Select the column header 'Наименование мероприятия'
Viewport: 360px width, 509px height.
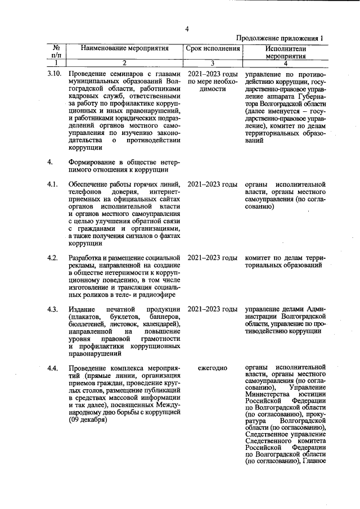pos(125,49)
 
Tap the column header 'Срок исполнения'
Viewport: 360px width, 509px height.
pos(213,49)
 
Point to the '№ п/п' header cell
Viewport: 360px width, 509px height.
pos(56,52)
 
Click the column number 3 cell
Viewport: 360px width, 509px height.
pos(213,64)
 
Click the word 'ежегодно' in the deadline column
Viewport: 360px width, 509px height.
pos(213,368)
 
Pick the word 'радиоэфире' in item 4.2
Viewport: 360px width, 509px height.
pos(156,294)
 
